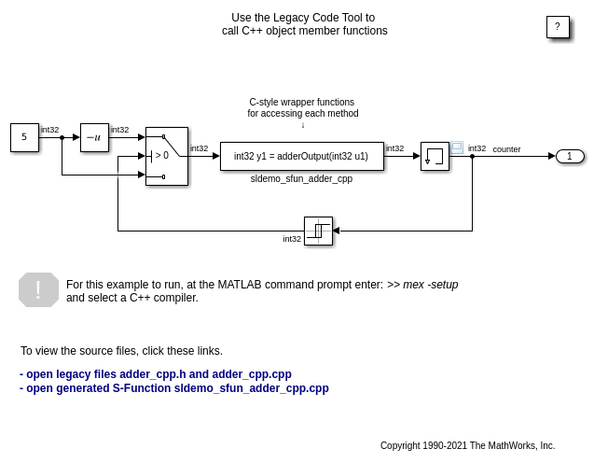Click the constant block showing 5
pyautogui.click(x=24, y=137)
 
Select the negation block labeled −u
pyautogui.click(x=94, y=137)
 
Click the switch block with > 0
pyautogui.click(x=166, y=156)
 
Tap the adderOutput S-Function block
pyautogui.click(x=301, y=156)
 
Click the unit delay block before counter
pyautogui.click(x=435, y=156)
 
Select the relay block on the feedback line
pyautogui.click(x=318, y=231)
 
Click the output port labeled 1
pyautogui.click(x=570, y=156)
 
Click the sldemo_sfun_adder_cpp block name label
pyautogui.click(x=301, y=178)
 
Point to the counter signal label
pyautogui.click(x=506, y=149)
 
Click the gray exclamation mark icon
pyautogui.click(x=38, y=290)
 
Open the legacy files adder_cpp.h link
pyautogui.click(x=156, y=373)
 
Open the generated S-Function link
pyautogui.click(x=174, y=388)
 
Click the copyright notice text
pyautogui.click(x=467, y=445)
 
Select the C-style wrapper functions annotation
pyautogui.click(x=302, y=107)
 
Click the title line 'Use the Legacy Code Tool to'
pyautogui.click(x=303, y=18)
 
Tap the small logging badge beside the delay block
pyautogui.click(x=457, y=147)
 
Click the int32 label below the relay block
pyautogui.click(x=292, y=239)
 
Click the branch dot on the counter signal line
pyautogui.click(x=472, y=156)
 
